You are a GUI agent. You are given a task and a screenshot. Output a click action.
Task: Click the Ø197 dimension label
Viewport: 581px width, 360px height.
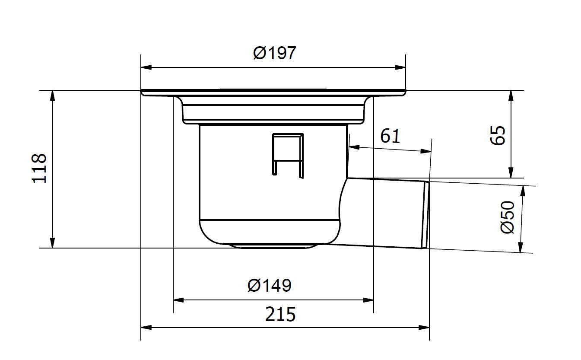[274, 53]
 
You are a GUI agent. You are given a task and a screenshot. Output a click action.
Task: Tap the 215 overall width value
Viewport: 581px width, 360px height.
[280, 314]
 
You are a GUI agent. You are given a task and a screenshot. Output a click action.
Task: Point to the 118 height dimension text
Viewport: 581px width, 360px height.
[40, 169]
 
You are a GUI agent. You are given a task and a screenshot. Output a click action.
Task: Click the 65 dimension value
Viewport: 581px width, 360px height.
[498, 135]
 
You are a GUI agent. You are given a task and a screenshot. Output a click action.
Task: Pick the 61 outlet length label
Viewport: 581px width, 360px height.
[390, 136]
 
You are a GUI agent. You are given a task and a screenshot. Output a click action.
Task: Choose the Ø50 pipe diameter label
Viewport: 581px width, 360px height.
[508, 217]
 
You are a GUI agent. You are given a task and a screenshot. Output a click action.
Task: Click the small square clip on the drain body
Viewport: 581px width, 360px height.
[288, 154]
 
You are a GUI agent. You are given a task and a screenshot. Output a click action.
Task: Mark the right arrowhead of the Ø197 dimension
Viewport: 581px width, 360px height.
[400, 67]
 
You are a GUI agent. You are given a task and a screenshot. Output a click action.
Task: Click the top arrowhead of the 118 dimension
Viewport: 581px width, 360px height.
[53, 96]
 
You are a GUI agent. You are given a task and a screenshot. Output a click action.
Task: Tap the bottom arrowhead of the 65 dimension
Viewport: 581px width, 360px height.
[511, 172]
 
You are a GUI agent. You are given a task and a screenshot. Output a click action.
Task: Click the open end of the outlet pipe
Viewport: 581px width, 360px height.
[426, 215]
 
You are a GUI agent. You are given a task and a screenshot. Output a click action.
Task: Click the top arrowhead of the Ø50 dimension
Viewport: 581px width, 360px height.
[524, 191]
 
